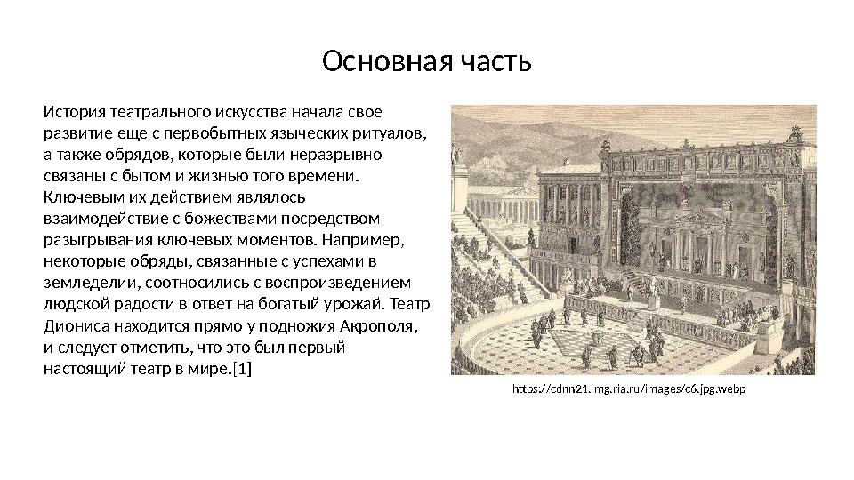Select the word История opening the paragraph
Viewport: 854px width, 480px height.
pos(73,115)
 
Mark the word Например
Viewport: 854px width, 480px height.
pos(365,239)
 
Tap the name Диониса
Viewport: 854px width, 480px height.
pos(75,324)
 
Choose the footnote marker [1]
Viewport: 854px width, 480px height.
pos(241,367)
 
